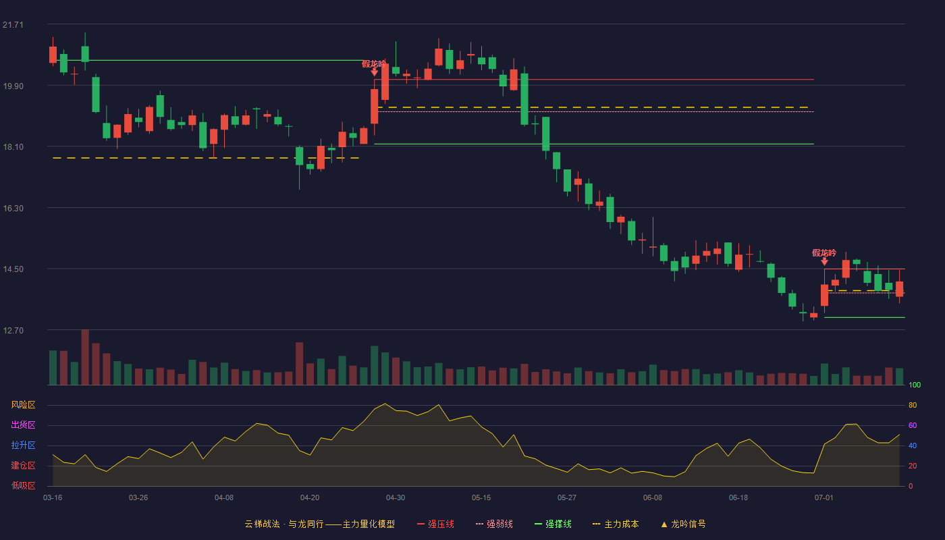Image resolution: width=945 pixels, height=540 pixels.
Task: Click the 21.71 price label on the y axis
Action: click(13, 25)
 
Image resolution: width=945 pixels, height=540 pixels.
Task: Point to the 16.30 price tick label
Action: click(13, 209)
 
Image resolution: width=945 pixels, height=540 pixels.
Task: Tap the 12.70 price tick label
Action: click(13, 330)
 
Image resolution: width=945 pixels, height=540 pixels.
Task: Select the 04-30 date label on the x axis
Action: click(396, 498)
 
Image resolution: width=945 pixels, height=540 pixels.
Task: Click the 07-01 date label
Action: click(824, 498)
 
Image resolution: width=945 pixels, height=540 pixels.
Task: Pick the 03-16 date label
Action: click(53, 498)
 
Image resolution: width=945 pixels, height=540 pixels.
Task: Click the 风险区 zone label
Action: click(23, 405)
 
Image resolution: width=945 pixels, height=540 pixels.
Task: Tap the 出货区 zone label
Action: click(23, 425)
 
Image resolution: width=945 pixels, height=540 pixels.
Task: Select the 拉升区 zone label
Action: click(23, 445)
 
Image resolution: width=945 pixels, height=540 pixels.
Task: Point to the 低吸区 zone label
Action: click(23, 485)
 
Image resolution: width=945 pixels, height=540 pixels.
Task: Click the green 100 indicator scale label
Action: click(915, 385)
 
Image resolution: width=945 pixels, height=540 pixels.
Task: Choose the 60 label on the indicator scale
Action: click(913, 425)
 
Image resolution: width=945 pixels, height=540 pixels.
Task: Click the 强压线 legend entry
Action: click(435, 524)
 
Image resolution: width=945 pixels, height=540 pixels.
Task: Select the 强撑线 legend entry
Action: click(553, 524)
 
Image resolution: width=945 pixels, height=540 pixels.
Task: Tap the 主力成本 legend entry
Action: click(616, 524)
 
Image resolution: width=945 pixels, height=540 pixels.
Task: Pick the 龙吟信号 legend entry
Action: click(683, 524)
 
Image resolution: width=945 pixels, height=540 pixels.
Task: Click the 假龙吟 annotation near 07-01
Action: click(824, 253)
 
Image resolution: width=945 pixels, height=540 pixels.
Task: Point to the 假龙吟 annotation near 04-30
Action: click(374, 64)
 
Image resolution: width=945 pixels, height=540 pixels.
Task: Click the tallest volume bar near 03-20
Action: click(85, 357)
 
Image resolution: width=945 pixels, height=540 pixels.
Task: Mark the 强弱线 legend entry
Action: click(494, 524)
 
